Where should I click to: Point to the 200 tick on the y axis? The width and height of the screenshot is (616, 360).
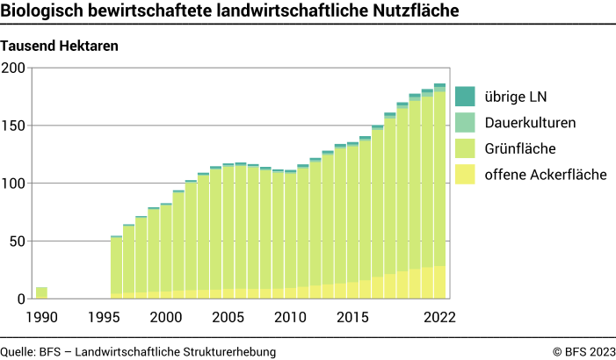coord(15,68)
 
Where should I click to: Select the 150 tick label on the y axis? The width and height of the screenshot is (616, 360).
coord(15,126)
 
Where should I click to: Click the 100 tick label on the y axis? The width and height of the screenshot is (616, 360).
coord(15,184)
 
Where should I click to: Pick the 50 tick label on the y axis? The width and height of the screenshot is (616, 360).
coord(18,241)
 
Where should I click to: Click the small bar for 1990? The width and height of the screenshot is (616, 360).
coord(41,293)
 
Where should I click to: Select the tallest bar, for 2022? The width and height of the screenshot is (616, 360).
coord(439,193)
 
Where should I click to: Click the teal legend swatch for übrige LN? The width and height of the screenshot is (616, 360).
coord(465,96)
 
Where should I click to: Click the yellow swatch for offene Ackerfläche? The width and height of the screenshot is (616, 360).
coord(465,175)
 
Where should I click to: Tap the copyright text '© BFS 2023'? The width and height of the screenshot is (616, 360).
coord(583,351)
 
